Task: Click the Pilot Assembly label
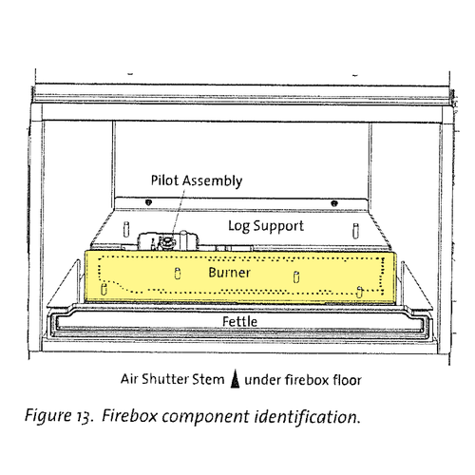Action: click(x=197, y=180)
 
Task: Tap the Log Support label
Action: click(x=266, y=226)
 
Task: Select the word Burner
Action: click(x=229, y=273)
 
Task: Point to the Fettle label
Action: click(x=239, y=321)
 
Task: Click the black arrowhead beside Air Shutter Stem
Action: click(x=235, y=379)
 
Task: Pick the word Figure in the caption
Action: click(x=48, y=416)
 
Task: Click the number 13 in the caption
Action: click(x=85, y=417)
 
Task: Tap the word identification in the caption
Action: click(x=307, y=417)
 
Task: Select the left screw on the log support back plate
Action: click(x=148, y=202)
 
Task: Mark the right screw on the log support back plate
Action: click(x=334, y=203)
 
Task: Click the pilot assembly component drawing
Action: click(x=168, y=241)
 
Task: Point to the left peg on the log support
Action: click(x=126, y=229)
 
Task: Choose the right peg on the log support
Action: click(x=355, y=231)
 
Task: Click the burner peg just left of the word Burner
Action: click(x=178, y=274)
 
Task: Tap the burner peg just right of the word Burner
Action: click(x=296, y=277)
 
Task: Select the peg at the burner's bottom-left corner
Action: click(x=104, y=289)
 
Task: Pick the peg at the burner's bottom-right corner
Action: click(x=359, y=292)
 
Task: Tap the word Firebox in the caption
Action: click(x=129, y=416)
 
